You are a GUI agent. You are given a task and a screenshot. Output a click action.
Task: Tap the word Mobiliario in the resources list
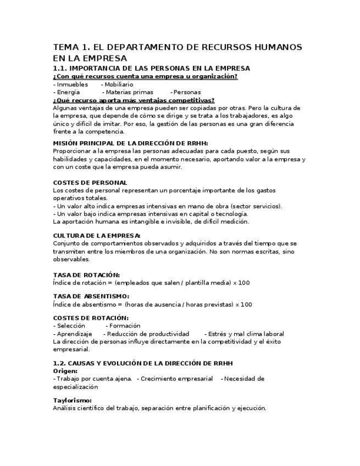119,85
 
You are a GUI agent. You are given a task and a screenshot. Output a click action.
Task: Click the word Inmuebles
71,85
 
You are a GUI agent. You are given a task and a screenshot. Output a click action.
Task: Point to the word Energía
68,92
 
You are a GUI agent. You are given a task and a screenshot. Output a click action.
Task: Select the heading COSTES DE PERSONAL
90,182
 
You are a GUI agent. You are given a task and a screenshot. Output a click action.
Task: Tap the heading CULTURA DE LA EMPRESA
97,235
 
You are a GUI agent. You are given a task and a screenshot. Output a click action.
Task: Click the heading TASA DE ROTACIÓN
86,275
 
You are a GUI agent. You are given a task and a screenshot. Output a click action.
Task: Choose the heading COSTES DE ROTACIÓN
91,318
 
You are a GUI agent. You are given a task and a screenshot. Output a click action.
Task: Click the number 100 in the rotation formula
244,282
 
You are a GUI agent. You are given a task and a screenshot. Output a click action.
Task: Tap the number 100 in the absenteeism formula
247,304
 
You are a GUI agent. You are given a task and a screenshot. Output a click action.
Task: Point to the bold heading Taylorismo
72,400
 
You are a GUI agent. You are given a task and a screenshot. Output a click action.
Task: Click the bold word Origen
65,371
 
